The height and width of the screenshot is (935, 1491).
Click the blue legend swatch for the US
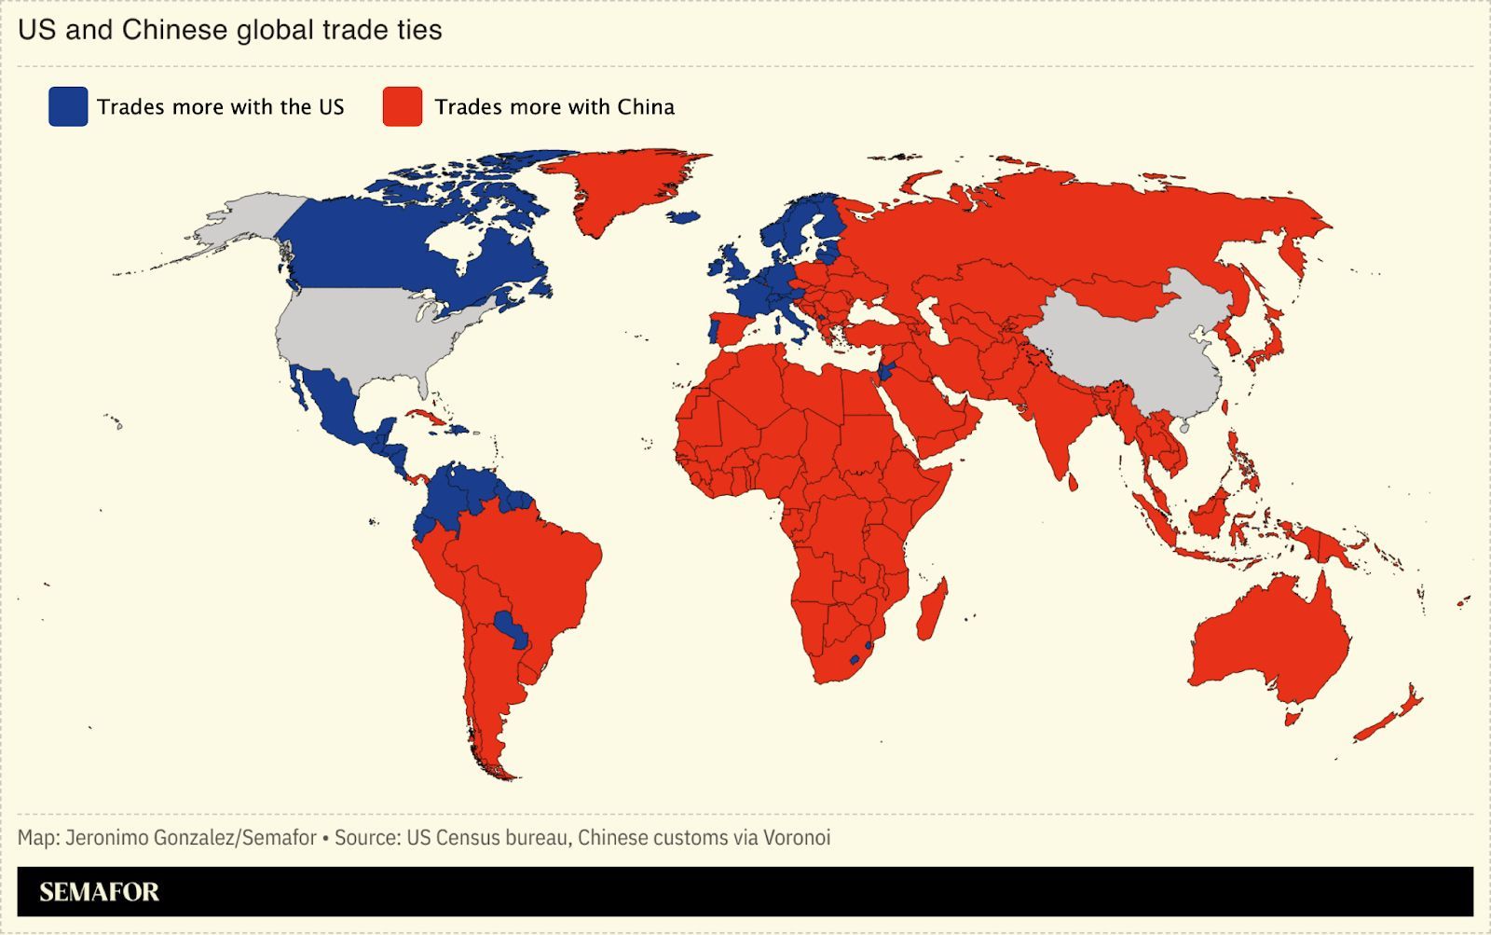coord(68,106)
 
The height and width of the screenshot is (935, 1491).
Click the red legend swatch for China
coord(403,106)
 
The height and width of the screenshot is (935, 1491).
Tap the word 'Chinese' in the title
coord(174,30)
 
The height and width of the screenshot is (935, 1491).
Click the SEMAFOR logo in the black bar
coord(99,892)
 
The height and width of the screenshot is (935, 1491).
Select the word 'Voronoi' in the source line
coord(797,837)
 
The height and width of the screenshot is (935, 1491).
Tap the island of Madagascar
coord(933,609)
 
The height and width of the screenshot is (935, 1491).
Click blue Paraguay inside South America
coord(511,629)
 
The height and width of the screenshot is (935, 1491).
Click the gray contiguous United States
coord(363,336)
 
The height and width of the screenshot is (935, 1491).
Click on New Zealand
coord(1388,713)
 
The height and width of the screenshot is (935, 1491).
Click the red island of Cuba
coord(424,416)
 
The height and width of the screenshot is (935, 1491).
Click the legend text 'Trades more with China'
coord(554,106)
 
